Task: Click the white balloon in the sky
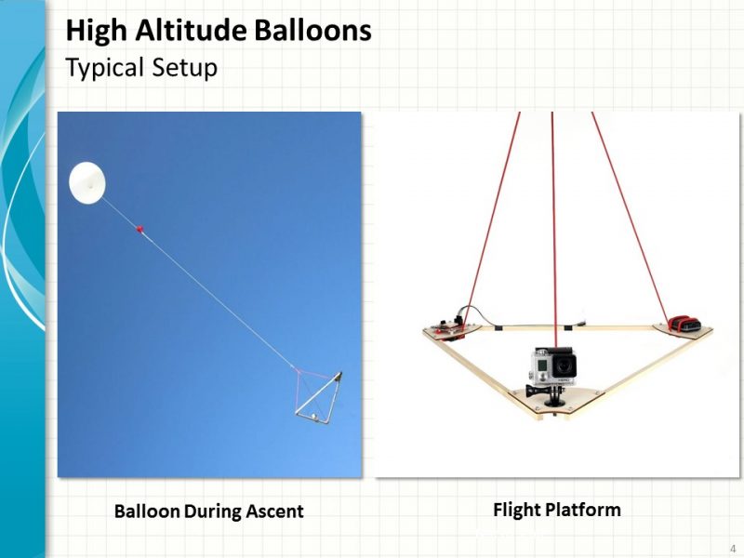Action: pos(87,182)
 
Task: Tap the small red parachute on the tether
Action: pos(140,227)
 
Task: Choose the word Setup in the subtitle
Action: pos(186,69)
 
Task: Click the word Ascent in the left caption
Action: pos(274,511)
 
